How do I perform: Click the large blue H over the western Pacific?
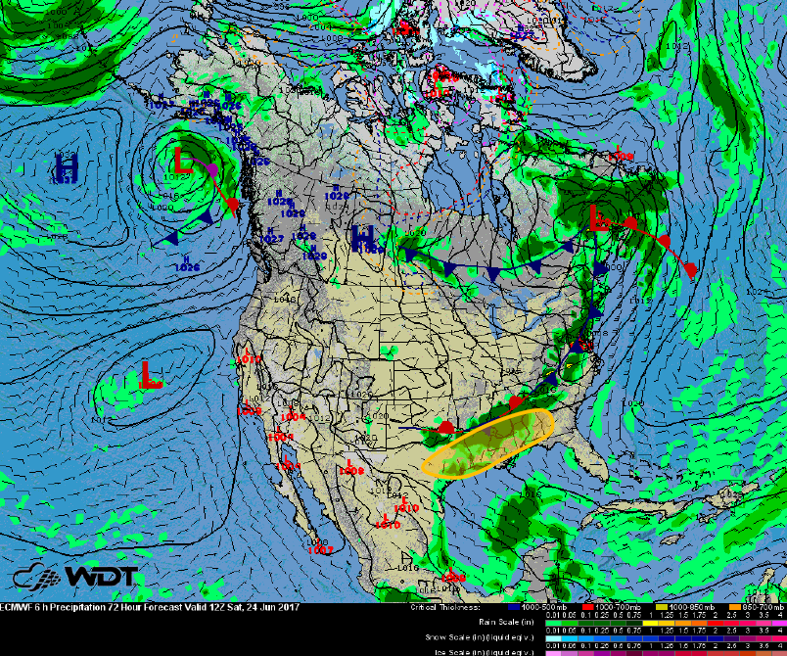pos(67,165)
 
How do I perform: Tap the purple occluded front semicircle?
pos(212,170)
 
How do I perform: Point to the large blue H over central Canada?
pos(363,237)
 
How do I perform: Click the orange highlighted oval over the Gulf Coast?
pos(488,443)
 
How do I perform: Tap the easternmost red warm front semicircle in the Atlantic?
pos(690,267)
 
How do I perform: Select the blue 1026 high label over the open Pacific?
pos(187,266)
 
